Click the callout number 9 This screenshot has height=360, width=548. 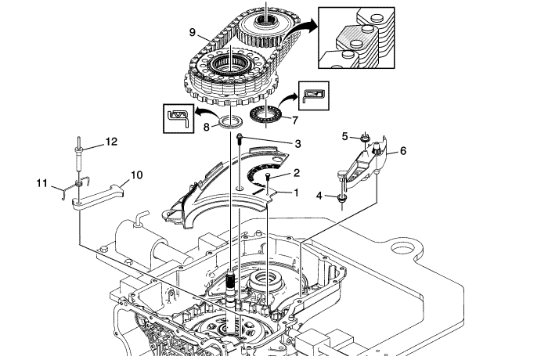pos(192,32)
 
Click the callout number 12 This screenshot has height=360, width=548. pos(112,142)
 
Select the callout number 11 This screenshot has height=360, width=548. pos(42,183)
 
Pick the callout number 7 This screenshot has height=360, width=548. pos(295,121)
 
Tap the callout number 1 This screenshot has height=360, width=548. pos(297,192)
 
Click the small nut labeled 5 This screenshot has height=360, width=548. pos(365,139)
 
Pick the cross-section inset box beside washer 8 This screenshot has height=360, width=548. pos(179,117)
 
